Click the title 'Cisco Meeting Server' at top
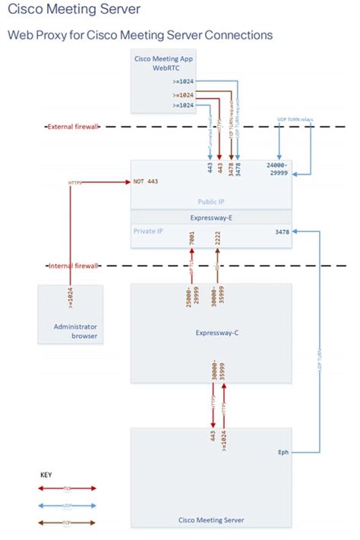(74, 10)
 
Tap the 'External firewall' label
(72, 127)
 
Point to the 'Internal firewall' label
(73, 266)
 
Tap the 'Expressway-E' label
(210, 216)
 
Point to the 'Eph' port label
(283, 452)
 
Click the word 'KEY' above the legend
(46, 475)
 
